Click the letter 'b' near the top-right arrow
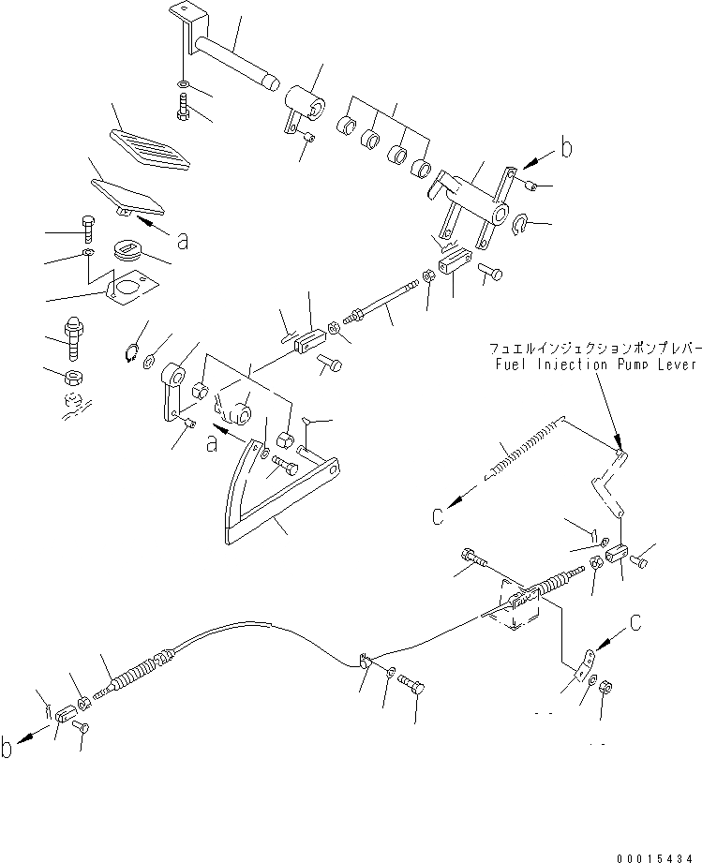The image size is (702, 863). coord(565,146)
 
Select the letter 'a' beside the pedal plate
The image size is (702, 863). coord(182,241)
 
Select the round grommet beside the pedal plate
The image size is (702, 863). coord(125,251)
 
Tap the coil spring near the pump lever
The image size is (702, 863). coord(525,450)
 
